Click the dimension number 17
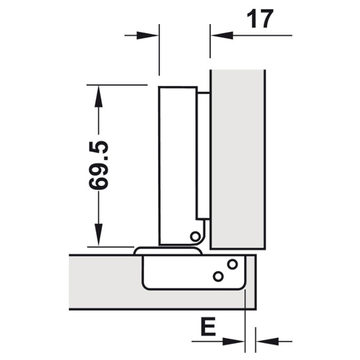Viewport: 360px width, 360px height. tap(260, 19)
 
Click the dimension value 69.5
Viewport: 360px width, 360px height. tap(98, 166)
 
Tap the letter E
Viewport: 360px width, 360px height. tap(208, 326)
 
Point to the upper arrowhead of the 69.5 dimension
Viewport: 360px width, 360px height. tap(98, 96)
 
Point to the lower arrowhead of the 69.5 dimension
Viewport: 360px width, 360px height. tap(98, 235)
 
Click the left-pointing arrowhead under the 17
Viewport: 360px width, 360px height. tap(222, 35)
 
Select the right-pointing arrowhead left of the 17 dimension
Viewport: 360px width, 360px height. tap(148, 35)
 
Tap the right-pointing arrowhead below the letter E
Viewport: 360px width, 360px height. tap(233, 341)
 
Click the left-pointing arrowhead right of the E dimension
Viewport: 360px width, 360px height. tap(267, 341)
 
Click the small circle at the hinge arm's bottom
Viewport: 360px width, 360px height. tap(196, 236)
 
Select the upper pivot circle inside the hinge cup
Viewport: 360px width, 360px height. tap(232, 264)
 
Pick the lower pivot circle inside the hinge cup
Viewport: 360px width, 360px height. tap(218, 277)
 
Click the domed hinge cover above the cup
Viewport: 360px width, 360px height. tap(168, 251)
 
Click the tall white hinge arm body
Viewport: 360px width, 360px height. tap(178, 166)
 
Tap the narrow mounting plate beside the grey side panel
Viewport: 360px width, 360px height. tap(203, 155)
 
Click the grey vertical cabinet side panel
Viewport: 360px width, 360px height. tap(238, 160)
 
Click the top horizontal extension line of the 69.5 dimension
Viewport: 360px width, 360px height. tap(117, 85)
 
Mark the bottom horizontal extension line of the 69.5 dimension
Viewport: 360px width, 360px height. tap(110, 247)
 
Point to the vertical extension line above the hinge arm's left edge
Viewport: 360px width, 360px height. tap(159, 50)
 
